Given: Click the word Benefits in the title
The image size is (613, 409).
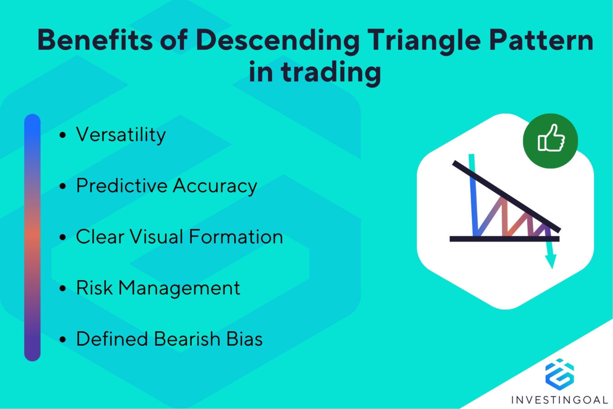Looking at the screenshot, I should pos(95,40).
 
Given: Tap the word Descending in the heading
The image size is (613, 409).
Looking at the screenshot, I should pos(277,40).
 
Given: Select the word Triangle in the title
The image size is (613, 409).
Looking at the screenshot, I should pos(423,40).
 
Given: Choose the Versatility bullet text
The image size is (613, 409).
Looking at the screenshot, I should pos(121,135).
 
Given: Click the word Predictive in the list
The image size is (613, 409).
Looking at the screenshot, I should pos(122,186).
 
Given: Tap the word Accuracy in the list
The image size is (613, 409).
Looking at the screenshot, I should pos(215,186).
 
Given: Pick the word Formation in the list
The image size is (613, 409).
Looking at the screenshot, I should pos(236,237).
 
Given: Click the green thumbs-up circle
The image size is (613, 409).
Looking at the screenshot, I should pos(550,140).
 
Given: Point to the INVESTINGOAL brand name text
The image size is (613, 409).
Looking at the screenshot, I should pos(559,400).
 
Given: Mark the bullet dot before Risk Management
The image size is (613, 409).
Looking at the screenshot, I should pos(63,289).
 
